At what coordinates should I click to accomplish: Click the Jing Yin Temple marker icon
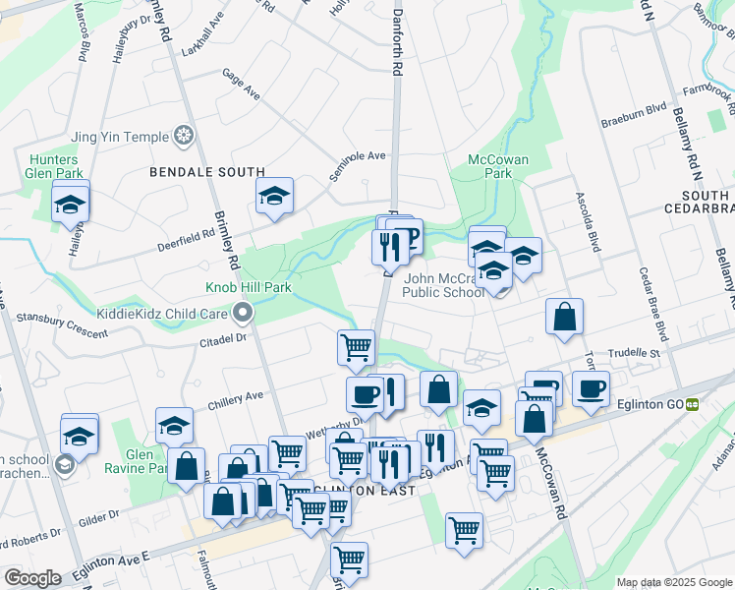pos(183,136)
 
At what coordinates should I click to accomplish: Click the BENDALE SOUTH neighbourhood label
pos(207,172)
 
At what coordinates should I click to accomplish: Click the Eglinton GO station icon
pos(693,402)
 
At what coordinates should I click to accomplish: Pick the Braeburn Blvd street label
pos(633,124)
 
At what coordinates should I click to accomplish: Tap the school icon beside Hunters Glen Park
pos(71,205)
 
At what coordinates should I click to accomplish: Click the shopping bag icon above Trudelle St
pos(565,317)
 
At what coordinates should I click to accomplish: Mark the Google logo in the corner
pos(32,577)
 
